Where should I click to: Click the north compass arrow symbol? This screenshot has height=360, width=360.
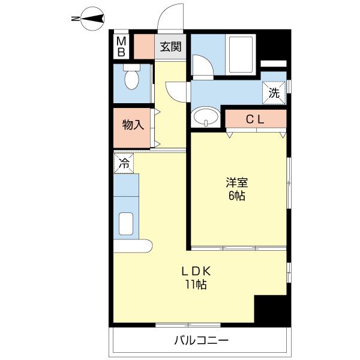pyautogui.click(x=94, y=19)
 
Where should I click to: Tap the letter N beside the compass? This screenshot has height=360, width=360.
pyautogui.click(x=75, y=19)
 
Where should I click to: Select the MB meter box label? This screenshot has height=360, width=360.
pyautogui.click(x=121, y=46)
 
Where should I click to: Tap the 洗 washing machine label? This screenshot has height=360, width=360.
pyautogui.click(x=274, y=93)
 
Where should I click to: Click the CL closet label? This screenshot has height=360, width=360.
pyautogui.click(x=255, y=119)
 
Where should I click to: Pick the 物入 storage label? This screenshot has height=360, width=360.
pyautogui.click(x=133, y=125)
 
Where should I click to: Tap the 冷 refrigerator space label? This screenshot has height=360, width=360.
pyautogui.click(x=124, y=162)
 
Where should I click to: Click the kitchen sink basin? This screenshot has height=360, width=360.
pyautogui.click(x=126, y=223)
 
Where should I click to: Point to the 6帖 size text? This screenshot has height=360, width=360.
pyautogui.click(x=236, y=196)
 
